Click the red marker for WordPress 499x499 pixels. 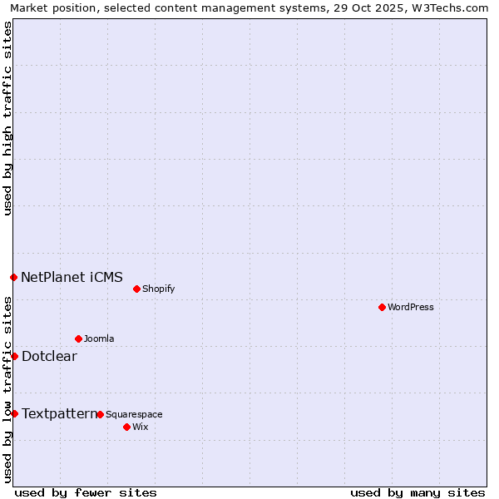click(x=382, y=307)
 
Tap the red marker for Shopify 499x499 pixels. click(x=136, y=289)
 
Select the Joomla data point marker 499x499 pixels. click(x=78, y=338)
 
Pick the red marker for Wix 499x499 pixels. click(x=126, y=427)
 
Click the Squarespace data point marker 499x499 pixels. click(x=100, y=414)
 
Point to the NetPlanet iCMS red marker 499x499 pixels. click(x=13, y=277)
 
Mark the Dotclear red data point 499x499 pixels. click(x=14, y=356)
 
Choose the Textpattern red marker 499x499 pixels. click(x=14, y=413)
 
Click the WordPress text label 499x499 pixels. click(x=411, y=307)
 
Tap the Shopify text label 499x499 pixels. click(x=158, y=289)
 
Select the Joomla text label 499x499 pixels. click(x=99, y=338)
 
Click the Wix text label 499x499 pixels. click(x=140, y=427)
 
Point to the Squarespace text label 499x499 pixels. click(x=134, y=414)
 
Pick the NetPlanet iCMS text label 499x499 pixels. click(x=72, y=277)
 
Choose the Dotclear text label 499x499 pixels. click(x=49, y=356)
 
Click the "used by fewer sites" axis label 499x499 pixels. click(x=86, y=492)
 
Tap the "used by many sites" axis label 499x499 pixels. click(x=417, y=492)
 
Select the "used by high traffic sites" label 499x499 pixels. click(x=7, y=119)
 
